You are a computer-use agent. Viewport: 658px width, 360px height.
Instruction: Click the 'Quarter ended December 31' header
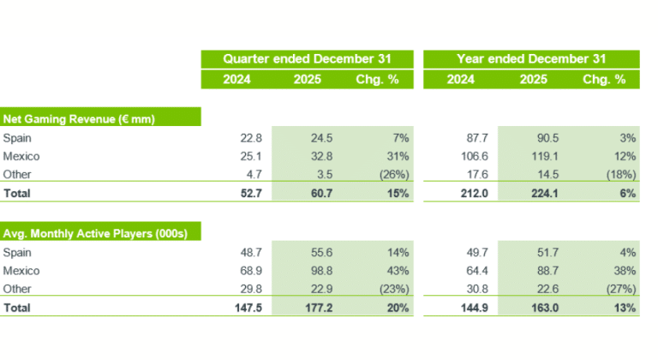click(307, 59)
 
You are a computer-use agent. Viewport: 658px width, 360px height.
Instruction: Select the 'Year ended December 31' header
click(532, 59)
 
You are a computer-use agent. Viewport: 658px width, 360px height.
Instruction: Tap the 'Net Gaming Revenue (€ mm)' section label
click(79, 118)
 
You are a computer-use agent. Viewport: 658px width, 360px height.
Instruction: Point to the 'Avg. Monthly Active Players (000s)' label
click(101, 232)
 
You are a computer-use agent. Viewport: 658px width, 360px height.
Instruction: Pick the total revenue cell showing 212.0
click(461, 194)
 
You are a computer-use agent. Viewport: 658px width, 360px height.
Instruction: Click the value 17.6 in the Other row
click(463, 175)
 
